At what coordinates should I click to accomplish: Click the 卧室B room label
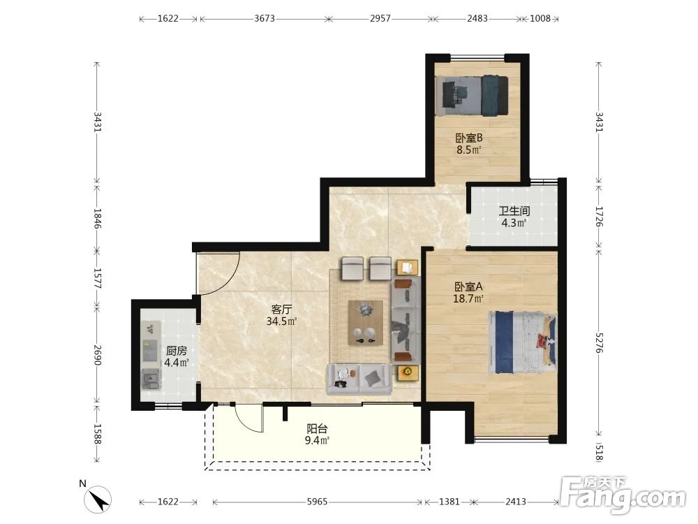tap(468, 138)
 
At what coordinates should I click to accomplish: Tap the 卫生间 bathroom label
tap(514, 211)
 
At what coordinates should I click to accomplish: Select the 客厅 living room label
tap(281, 310)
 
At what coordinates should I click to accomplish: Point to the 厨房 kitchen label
tap(177, 351)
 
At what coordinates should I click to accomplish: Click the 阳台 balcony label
tap(317, 429)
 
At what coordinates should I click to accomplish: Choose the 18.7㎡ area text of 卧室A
tap(468, 298)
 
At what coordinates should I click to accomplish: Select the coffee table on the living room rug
tap(366, 323)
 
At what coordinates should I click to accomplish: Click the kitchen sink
tap(151, 379)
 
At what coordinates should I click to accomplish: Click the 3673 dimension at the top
tap(265, 19)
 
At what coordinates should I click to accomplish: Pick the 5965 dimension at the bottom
tap(317, 502)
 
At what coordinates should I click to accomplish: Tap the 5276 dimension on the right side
tap(599, 342)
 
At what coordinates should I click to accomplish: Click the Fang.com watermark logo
tap(623, 495)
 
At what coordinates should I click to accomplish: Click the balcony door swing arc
tap(246, 422)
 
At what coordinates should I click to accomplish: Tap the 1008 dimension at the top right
tap(540, 19)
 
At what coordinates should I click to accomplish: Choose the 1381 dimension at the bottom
tap(449, 502)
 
